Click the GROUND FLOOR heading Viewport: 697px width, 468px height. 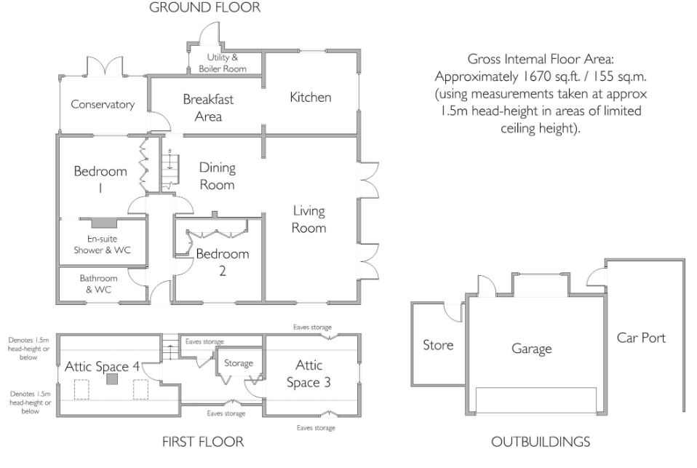[205, 7]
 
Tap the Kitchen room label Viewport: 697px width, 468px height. [310, 97]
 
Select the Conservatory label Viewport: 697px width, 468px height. [103, 105]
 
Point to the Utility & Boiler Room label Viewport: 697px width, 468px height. [222, 63]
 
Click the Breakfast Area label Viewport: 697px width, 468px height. [208, 108]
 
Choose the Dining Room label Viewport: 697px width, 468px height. [217, 176]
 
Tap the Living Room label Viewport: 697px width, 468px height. [309, 219]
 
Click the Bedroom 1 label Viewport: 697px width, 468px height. [100, 179]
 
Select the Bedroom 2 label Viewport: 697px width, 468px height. [222, 262]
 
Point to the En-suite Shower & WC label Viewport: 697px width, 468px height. [103, 245]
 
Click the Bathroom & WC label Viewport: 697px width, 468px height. [99, 284]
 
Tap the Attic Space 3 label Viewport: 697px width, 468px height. [308, 373]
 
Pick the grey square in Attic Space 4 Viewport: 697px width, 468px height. [112, 379]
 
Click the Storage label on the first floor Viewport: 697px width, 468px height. [239, 363]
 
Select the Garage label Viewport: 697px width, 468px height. [532, 349]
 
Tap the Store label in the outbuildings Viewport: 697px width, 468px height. [438, 345]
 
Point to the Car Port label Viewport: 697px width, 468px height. [641, 338]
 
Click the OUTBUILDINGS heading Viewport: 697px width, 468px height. [541, 442]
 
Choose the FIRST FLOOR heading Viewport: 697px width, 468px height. [203, 442]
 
